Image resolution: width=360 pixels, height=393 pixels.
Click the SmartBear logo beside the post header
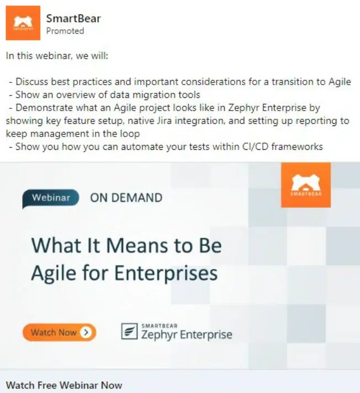click(23, 23)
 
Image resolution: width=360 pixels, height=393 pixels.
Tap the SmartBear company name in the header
click(73, 19)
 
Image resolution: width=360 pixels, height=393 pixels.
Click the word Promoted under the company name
click(65, 31)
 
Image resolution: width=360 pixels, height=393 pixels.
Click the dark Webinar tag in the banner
click(51, 197)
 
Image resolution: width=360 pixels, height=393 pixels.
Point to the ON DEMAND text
click(126, 197)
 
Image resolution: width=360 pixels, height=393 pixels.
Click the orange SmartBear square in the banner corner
click(305, 185)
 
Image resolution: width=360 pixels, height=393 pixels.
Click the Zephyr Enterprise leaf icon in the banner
click(129, 332)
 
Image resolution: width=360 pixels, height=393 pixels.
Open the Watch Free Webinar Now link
click(64, 385)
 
